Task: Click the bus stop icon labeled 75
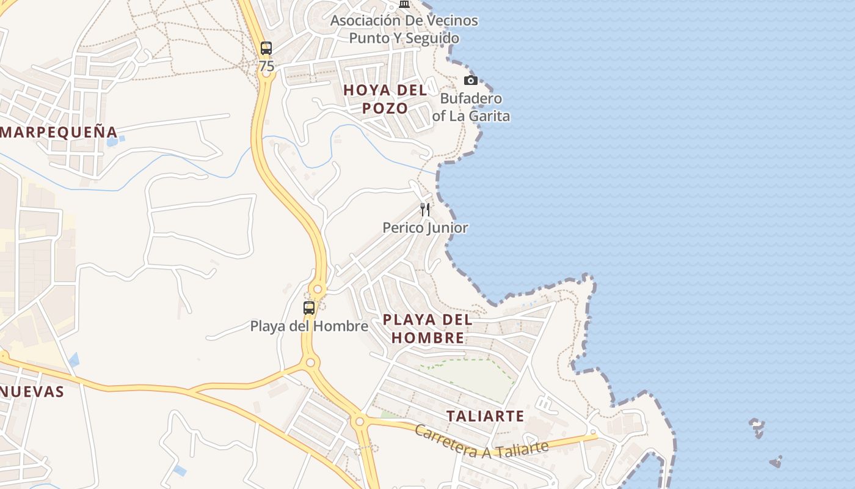click(266, 48)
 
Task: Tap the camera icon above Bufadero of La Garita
click(470, 80)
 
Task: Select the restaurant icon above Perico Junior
click(425, 210)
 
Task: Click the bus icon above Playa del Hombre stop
click(309, 307)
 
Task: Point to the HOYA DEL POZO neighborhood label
click(385, 99)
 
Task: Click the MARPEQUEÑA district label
click(59, 132)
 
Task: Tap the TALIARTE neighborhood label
click(485, 416)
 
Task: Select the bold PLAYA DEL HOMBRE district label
click(428, 328)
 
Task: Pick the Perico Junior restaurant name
click(425, 228)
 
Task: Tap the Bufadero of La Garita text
click(471, 107)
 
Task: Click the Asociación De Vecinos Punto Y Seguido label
click(404, 29)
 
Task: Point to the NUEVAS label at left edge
click(32, 392)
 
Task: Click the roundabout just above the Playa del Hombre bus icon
click(317, 289)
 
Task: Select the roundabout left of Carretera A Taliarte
click(359, 421)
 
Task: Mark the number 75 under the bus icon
click(266, 67)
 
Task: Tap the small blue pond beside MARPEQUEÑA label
click(113, 142)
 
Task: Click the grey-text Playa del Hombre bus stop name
click(309, 326)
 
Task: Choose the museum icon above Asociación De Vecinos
click(404, 4)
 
